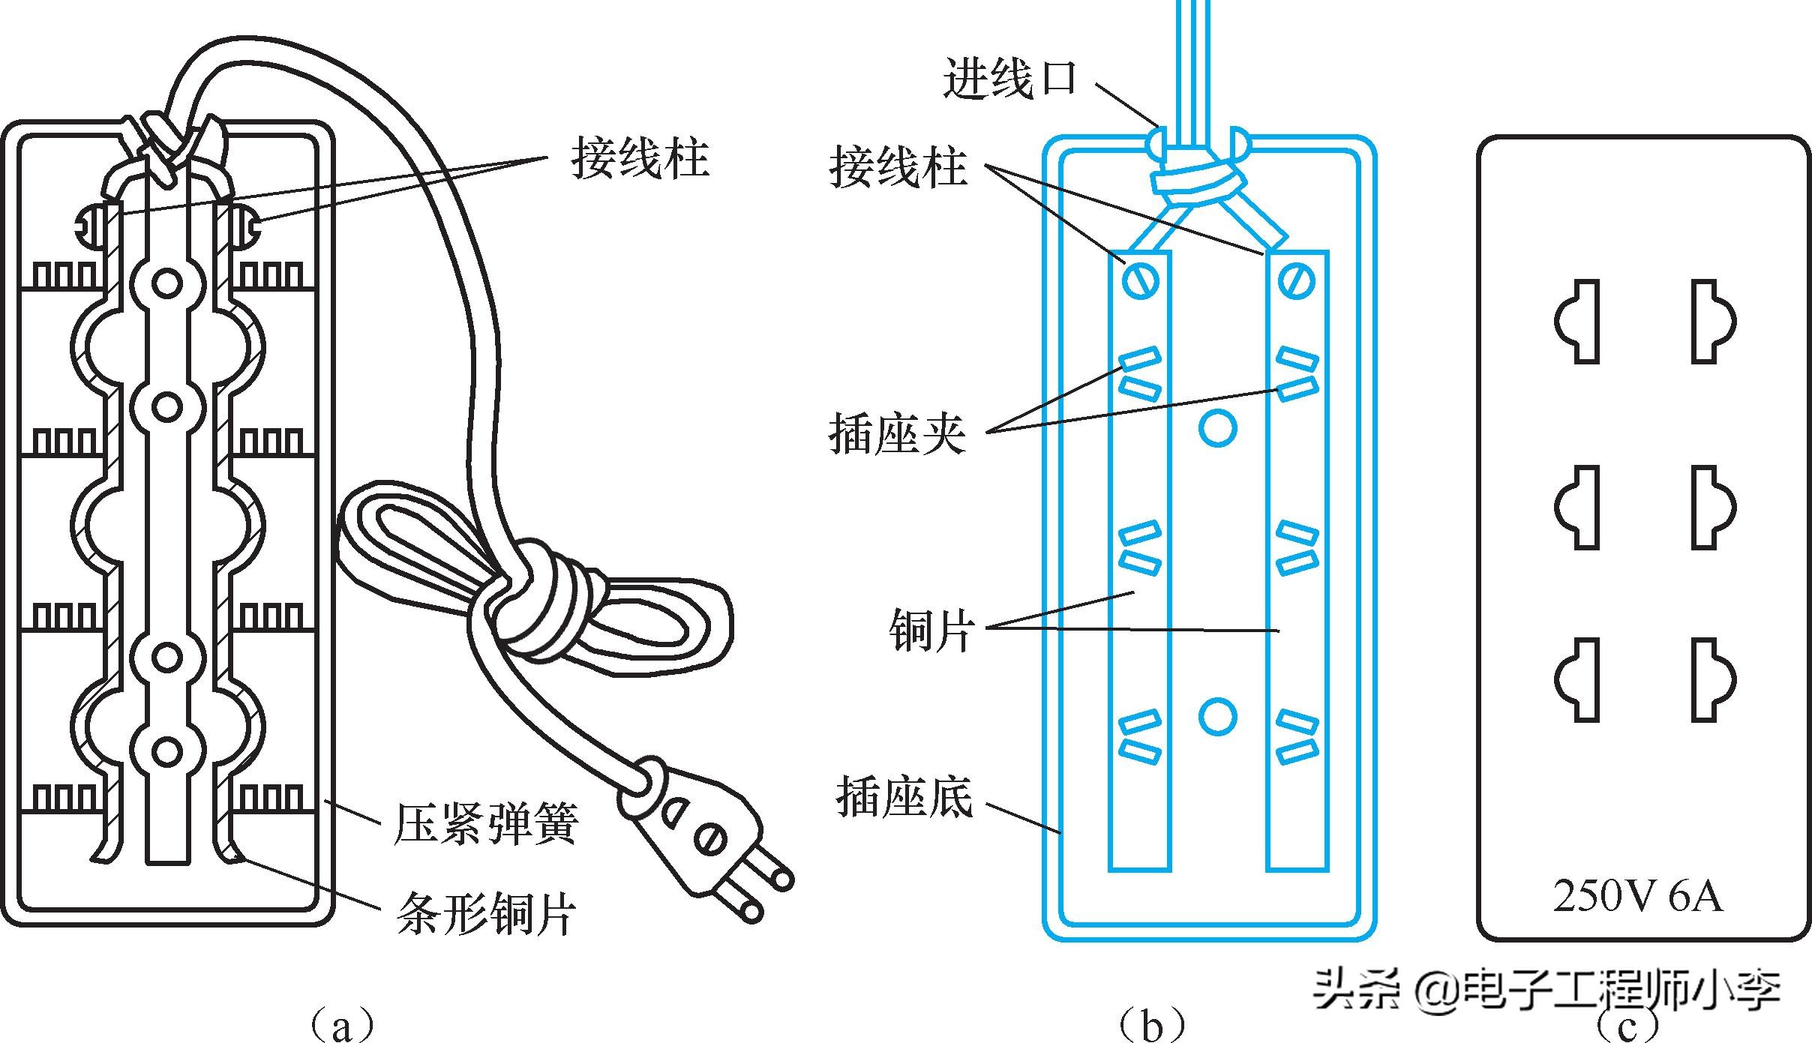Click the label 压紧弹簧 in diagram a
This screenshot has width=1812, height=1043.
click(x=486, y=824)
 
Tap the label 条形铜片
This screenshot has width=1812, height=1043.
click(x=486, y=913)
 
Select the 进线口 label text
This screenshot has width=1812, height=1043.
click(x=1009, y=79)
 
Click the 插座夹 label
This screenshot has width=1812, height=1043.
click(x=897, y=433)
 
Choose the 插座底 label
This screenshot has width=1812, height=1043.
click(x=904, y=796)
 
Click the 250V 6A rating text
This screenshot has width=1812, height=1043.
click(x=1637, y=896)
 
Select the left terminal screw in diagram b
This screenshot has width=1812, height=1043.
click(x=1141, y=282)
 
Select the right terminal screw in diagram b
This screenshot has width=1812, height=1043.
click(x=1297, y=282)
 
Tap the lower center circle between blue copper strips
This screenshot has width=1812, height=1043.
click(x=1217, y=716)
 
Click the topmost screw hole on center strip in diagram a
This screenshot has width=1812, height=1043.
click(x=166, y=283)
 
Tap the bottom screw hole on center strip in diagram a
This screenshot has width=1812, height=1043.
click(x=166, y=751)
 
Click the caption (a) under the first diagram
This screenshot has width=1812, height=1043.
click(x=341, y=1024)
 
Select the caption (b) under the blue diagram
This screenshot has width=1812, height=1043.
click(x=1151, y=1024)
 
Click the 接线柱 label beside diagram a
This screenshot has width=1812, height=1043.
click(x=639, y=158)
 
